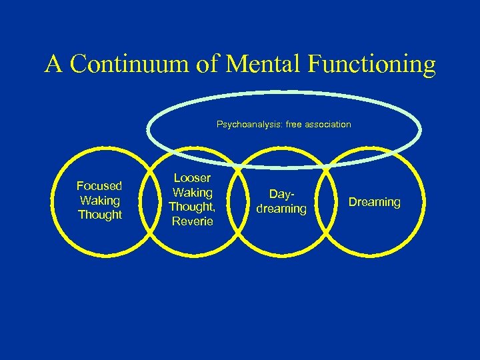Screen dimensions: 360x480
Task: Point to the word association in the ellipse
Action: (327, 125)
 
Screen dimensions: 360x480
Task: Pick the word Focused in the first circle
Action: (99, 186)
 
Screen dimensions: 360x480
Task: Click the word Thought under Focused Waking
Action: (100, 215)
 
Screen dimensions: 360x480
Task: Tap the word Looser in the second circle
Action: (191, 178)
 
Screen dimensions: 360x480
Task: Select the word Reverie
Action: (191, 221)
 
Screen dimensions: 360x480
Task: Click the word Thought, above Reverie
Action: (191, 207)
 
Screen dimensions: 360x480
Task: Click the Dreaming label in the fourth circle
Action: (374, 202)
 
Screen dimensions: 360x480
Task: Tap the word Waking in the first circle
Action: (99, 200)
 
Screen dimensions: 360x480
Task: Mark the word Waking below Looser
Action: (191, 193)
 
